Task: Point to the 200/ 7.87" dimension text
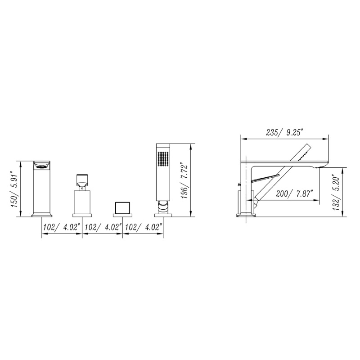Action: tap(295, 194)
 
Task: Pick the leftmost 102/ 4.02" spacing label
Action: tap(61, 227)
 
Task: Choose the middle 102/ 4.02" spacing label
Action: tap(103, 227)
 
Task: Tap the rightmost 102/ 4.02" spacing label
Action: tap(144, 227)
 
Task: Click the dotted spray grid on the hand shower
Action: tap(163, 158)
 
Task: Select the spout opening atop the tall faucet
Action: tap(42, 165)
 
